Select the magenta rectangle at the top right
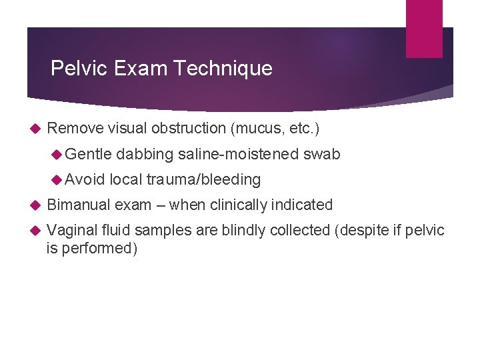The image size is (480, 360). click(424, 28)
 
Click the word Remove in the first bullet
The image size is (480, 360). click(75, 128)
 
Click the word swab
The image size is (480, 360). click(321, 154)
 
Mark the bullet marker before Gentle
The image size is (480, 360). click(57, 154)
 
